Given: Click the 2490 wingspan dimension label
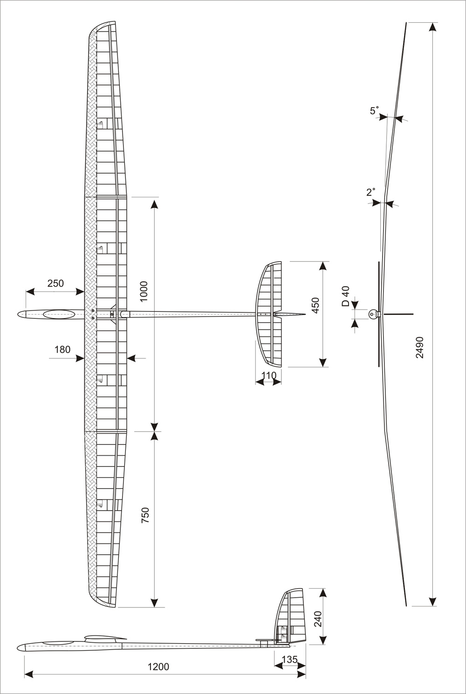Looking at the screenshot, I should (x=420, y=347).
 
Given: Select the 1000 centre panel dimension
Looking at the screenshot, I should (x=144, y=291).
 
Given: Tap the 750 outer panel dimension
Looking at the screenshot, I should (x=145, y=516).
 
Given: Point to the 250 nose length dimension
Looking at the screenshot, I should (x=55, y=283).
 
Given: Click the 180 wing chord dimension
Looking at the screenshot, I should (x=62, y=350).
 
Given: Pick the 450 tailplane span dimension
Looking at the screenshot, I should (x=315, y=305).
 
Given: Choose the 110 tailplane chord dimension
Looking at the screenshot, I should (x=268, y=375).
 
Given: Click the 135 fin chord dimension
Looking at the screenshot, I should (x=290, y=660).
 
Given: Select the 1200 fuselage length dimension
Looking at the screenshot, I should (x=158, y=667).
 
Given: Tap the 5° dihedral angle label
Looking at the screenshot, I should (x=375, y=111).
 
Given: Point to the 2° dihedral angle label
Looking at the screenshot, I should (x=371, y=192).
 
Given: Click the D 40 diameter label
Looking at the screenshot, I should (x=346, y=296).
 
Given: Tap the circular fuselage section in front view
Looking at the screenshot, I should (x=373, y=314).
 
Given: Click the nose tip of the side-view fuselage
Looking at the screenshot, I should (x=19, y=647).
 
